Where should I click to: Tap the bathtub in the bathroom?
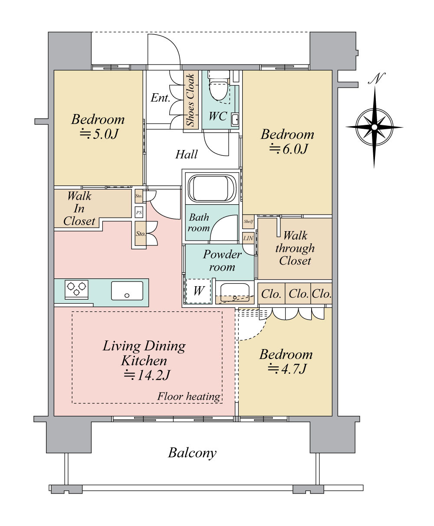(212, 188)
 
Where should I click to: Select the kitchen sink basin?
(127, 291)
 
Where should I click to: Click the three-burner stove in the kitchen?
(76, 289)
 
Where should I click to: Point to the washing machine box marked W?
(198, 291)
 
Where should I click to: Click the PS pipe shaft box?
(139, 212)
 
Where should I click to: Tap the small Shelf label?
(248, 222)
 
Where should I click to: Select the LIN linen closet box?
(248, 238)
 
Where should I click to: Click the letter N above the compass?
(377, 78)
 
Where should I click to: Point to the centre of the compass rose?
(374, 127)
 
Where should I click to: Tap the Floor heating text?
(189, 396)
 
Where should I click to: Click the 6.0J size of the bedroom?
(289, 149)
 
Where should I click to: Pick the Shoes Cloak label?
(190, 100)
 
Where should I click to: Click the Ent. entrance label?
(161, 98)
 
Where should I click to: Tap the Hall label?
(186, 154)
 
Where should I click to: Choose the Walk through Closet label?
(295, 248)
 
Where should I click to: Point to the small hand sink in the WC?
(235, 119)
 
